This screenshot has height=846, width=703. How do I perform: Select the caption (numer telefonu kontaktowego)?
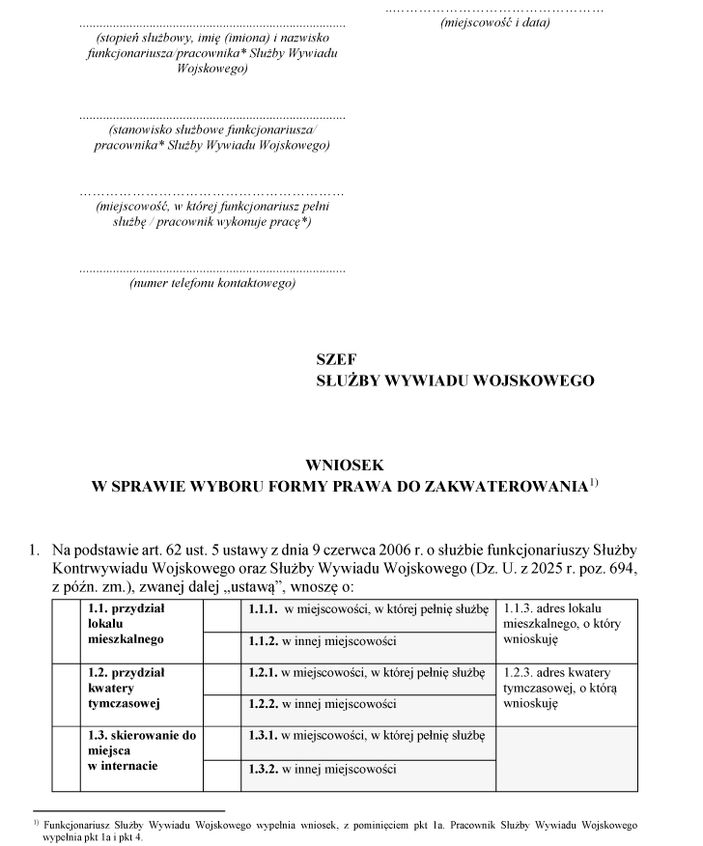tap(211, 284)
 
